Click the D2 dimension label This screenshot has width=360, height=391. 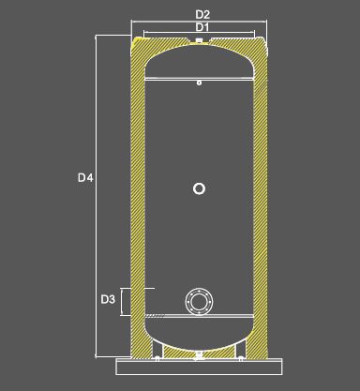point(202,14)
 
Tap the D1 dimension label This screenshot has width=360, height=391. point(202,27)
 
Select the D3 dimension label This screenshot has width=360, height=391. point(108,299)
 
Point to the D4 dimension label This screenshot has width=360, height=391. point(85,178)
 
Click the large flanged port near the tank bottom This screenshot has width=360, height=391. point(199,302)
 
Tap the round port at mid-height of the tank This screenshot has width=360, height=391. point(199,188)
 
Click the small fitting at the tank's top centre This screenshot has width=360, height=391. point(199,40)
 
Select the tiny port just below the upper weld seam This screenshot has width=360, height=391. point(199,83)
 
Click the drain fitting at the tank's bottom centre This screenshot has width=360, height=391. point(199,354)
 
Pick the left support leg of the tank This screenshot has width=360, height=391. point(157,348)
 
